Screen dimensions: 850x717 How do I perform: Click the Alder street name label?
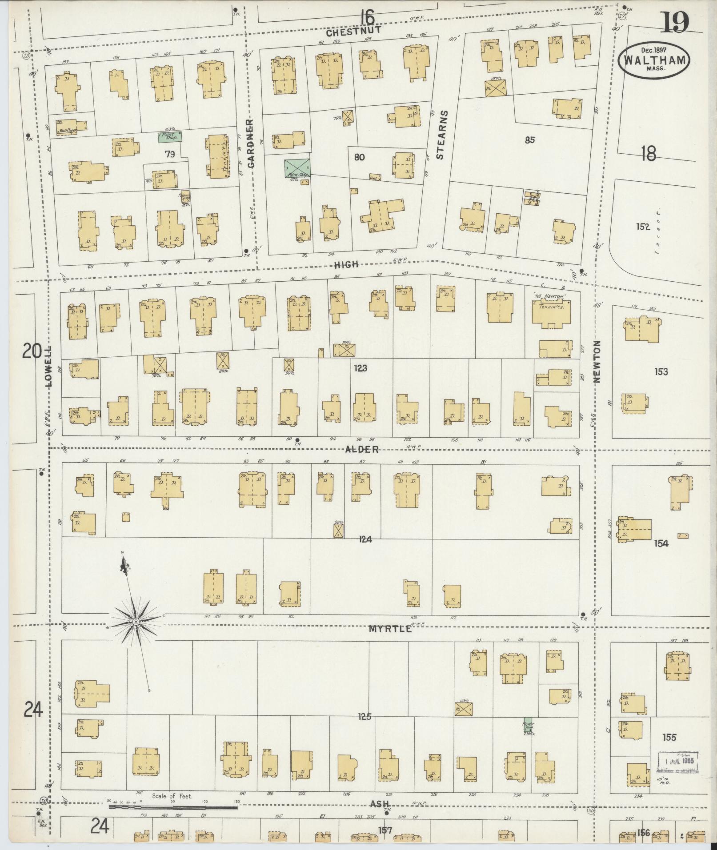tap(362, 450)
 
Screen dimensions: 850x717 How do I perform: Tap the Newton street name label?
tap(597, 362)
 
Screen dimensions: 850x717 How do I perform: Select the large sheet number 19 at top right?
tap(674, 22)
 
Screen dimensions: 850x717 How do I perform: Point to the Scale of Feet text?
tap(172, 796)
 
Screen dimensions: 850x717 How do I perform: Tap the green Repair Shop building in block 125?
tap(527, 723)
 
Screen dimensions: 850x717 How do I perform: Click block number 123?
tap(360, 368)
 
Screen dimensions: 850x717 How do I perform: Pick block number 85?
tap(529, 140)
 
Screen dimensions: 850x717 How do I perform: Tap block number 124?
tap(366, 539)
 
